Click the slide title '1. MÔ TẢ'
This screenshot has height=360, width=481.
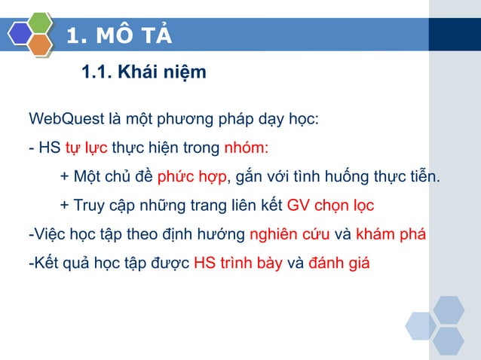click(x=119, y=35)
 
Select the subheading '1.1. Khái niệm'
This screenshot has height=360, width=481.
click(x=142, y=73)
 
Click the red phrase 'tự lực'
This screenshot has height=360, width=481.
click(x=86, y=147)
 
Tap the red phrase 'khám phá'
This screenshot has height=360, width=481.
click(x=391, y=234)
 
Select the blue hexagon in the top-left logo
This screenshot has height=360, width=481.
click(x=20, y=34)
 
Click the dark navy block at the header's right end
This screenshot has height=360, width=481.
click(x=455, y=35)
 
